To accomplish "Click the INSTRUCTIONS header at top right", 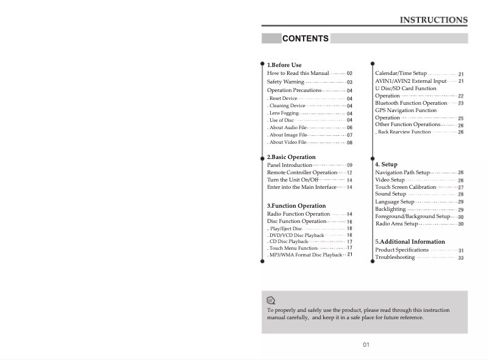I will pos(434,19).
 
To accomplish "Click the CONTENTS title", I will pos(305,38).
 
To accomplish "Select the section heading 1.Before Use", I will pos(284,65).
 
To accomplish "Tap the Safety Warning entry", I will pos(285,82).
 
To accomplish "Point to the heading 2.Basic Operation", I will pos(291,157).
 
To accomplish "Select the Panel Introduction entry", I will pos(290,165).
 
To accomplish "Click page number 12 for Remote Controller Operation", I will pos(349,173).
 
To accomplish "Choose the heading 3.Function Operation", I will pos(296,206).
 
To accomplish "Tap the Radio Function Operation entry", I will pos(298,214).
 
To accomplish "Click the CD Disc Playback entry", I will pos(288,242).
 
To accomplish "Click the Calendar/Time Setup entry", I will pos(401,74).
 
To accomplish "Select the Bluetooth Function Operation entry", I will pos(411,104).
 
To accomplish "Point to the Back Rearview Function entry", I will pos(404,132).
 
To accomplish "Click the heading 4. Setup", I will pos(386,164).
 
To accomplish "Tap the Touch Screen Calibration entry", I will pos(405,187).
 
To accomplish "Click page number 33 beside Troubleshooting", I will pos(461,258).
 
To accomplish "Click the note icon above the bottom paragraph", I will pos(271,300).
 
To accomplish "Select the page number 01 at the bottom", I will pos(366,345).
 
